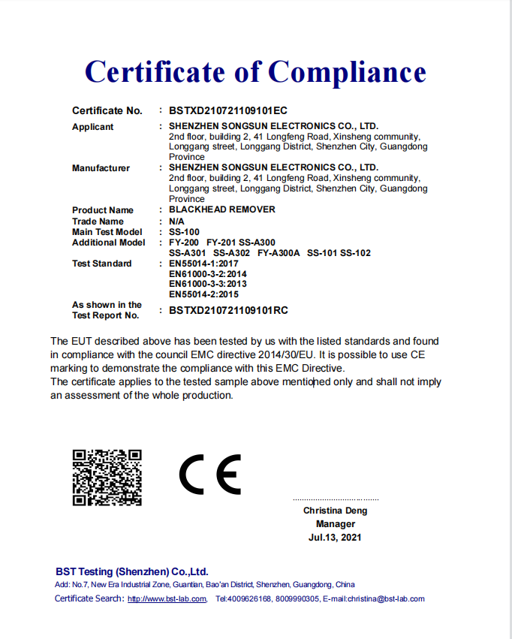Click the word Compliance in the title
[346, 72]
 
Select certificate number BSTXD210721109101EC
[228, 110]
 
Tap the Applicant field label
[93, 127]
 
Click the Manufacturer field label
[101, 168]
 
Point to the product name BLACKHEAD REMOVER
[222, 209]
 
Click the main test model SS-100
[185, 232]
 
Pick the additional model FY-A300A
[279, 253]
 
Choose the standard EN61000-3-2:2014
[208, 274]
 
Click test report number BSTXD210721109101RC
[228, 310]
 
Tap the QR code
[107, 478]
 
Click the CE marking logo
[210, 475]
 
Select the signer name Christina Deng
[335, 511]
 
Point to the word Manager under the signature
[335, 524]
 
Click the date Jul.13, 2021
[335, 538]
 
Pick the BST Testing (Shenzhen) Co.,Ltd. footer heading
[132, 571]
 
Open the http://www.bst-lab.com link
[167, 599]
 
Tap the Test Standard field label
[101, 264]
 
